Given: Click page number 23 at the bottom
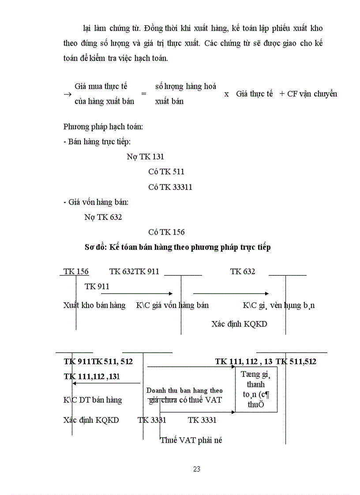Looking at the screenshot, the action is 197,469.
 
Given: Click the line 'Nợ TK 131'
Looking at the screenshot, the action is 145,157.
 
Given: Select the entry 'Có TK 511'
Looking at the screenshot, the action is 166,172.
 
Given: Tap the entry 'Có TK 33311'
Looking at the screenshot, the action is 170,187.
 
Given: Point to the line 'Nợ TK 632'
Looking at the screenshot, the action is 103,217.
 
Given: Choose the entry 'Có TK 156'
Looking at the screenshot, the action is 166,232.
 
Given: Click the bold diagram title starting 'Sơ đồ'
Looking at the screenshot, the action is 177,247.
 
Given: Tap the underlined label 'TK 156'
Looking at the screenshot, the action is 76,272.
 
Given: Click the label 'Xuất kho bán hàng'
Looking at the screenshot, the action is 94,305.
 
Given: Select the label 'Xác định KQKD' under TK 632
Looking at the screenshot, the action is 239,324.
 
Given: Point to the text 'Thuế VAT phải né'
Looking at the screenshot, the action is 191,440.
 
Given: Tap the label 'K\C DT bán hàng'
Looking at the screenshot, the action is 93,400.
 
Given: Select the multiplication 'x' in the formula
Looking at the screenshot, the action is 226,94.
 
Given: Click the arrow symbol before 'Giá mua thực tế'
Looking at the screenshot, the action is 67,94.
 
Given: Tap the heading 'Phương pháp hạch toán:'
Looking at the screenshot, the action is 103,127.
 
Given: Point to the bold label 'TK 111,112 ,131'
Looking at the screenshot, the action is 92,376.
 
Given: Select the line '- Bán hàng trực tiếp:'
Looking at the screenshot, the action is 97,141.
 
